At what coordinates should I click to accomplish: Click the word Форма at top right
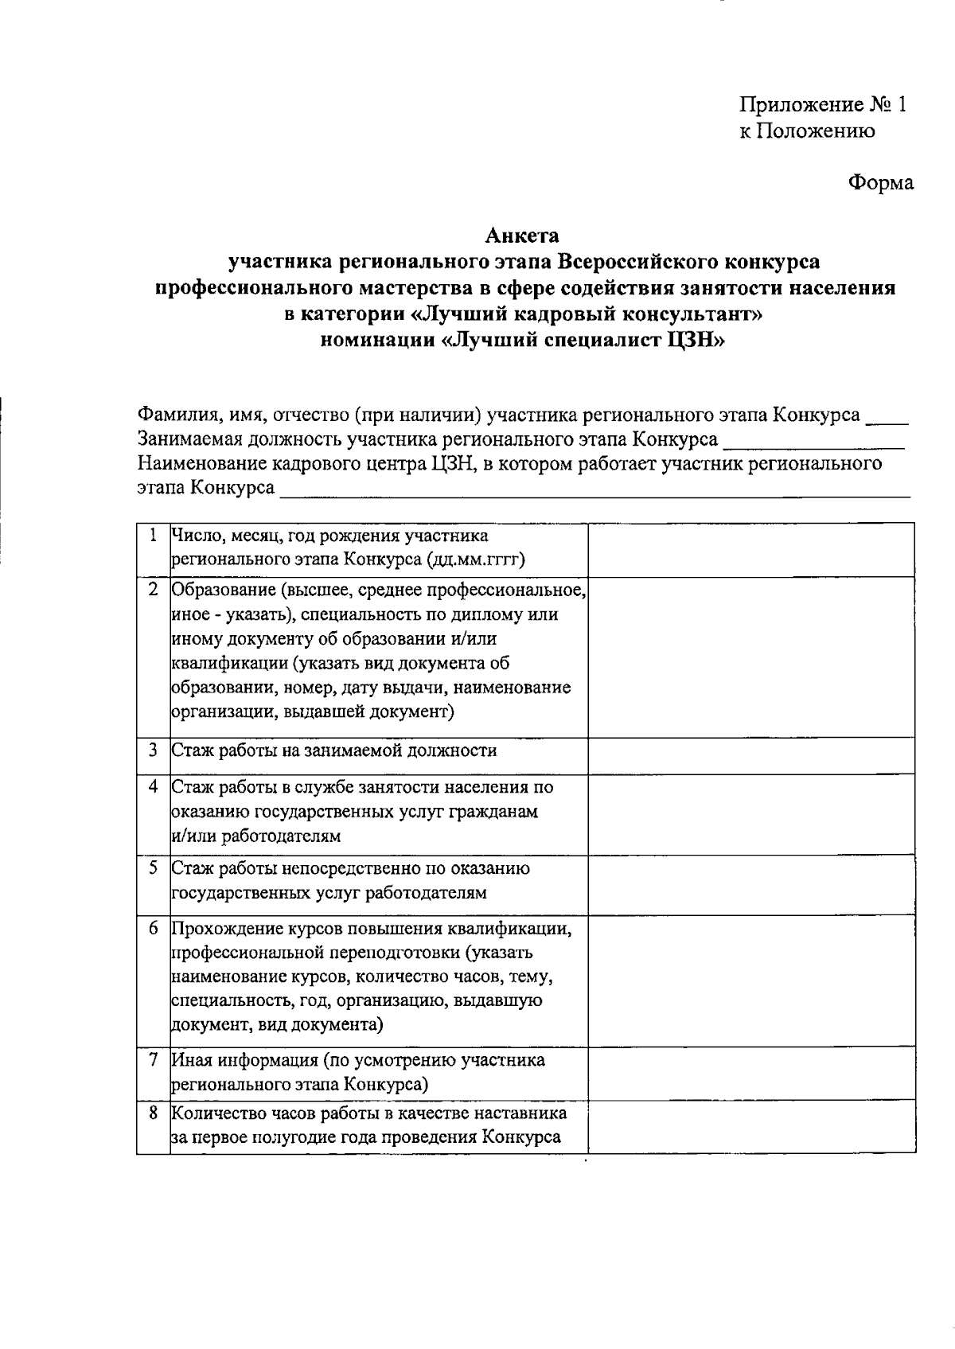click(x=880, y=183)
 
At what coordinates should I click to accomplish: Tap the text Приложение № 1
click(x=823, y=105)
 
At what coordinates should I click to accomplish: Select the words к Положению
click(x=808, y=131)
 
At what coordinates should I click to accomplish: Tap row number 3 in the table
click(x=152, y=750)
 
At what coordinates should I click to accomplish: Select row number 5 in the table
click(x=152, y=868)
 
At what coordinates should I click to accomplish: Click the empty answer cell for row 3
click(x=750, y=754)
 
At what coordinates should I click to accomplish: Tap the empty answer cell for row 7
click(x=750, y=1073)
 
